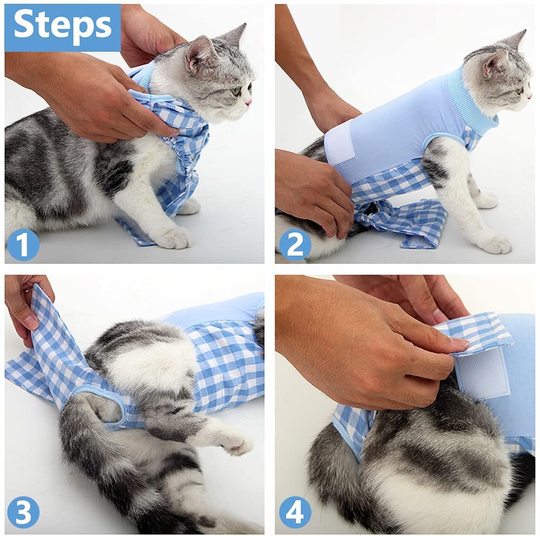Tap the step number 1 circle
tap(23, 244)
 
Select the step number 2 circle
tap(295, 244)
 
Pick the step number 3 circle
tap(23, 512)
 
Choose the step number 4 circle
tap(295, 512)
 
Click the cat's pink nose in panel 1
tap(248, 102)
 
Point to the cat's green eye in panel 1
tap(237, 91)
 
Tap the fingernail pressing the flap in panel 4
tap(459, 342)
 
